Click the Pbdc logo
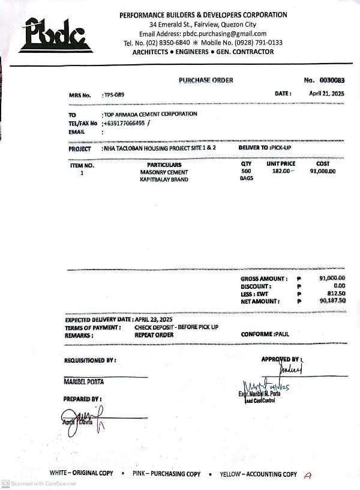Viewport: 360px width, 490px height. coord(55,35)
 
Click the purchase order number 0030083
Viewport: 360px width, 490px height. coord(332,80)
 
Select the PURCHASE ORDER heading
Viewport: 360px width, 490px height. coord(206,80)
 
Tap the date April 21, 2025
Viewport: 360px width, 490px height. coord(326,94)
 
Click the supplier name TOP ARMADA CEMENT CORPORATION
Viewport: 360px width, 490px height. coord(151,114)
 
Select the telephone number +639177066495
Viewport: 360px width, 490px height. coord(125,122)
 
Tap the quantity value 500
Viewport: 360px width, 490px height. coord(246,172)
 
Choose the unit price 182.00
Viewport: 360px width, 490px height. coord(281,172)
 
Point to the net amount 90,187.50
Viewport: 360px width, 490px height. coord(332,301)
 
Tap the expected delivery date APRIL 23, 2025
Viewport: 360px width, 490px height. coord(153,319)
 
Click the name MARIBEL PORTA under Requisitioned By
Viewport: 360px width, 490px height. coord(83,381)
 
